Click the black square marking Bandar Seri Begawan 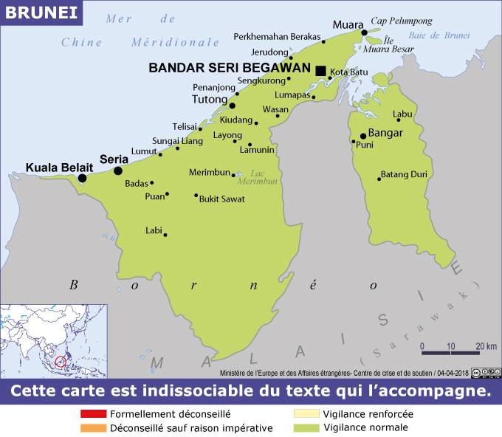pos(320,71)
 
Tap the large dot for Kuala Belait pos(82,178)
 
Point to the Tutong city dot pos(232,106)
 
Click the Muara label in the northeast pos(348,24)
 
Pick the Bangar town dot pos(362,136)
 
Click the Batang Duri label pos(404,175)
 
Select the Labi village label pos(154,230)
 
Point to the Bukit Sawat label pos(222,199)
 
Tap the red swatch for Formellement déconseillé pos(94,414)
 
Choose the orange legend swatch pos(94,428)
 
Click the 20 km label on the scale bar pos(485,345)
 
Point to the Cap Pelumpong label pos(401,21)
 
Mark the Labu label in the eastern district pos(402,114)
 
